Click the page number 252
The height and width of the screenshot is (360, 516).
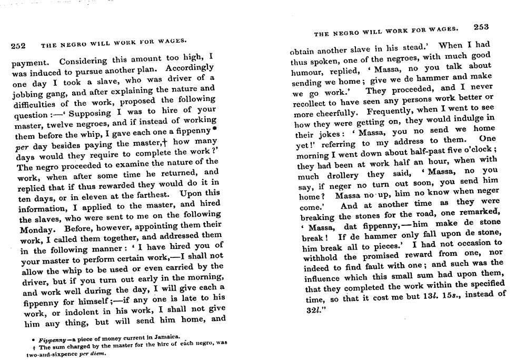[x=19, y=46]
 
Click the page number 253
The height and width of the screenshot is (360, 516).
[x=481, y=27]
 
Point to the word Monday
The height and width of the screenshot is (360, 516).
[x=37, y=230]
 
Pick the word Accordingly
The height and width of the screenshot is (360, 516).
[x=189, y=68]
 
